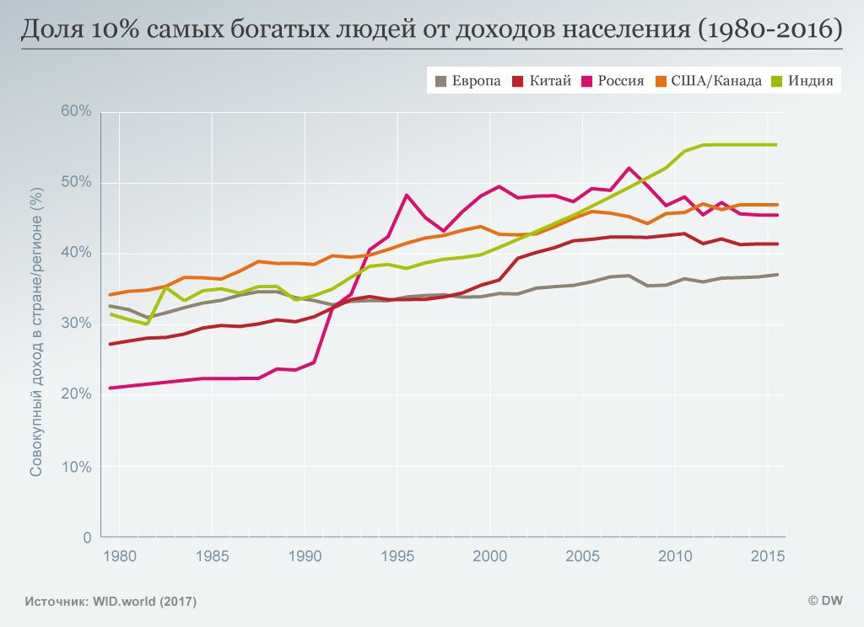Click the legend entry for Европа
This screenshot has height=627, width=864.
click(x=467, y=81)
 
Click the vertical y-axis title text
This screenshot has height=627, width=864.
click(x=36, y=324)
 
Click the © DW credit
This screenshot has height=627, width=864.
click(x=826, y=601)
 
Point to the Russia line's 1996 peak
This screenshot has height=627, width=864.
click(x=407, y=195)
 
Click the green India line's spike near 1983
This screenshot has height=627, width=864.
click(x=166, y=287)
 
